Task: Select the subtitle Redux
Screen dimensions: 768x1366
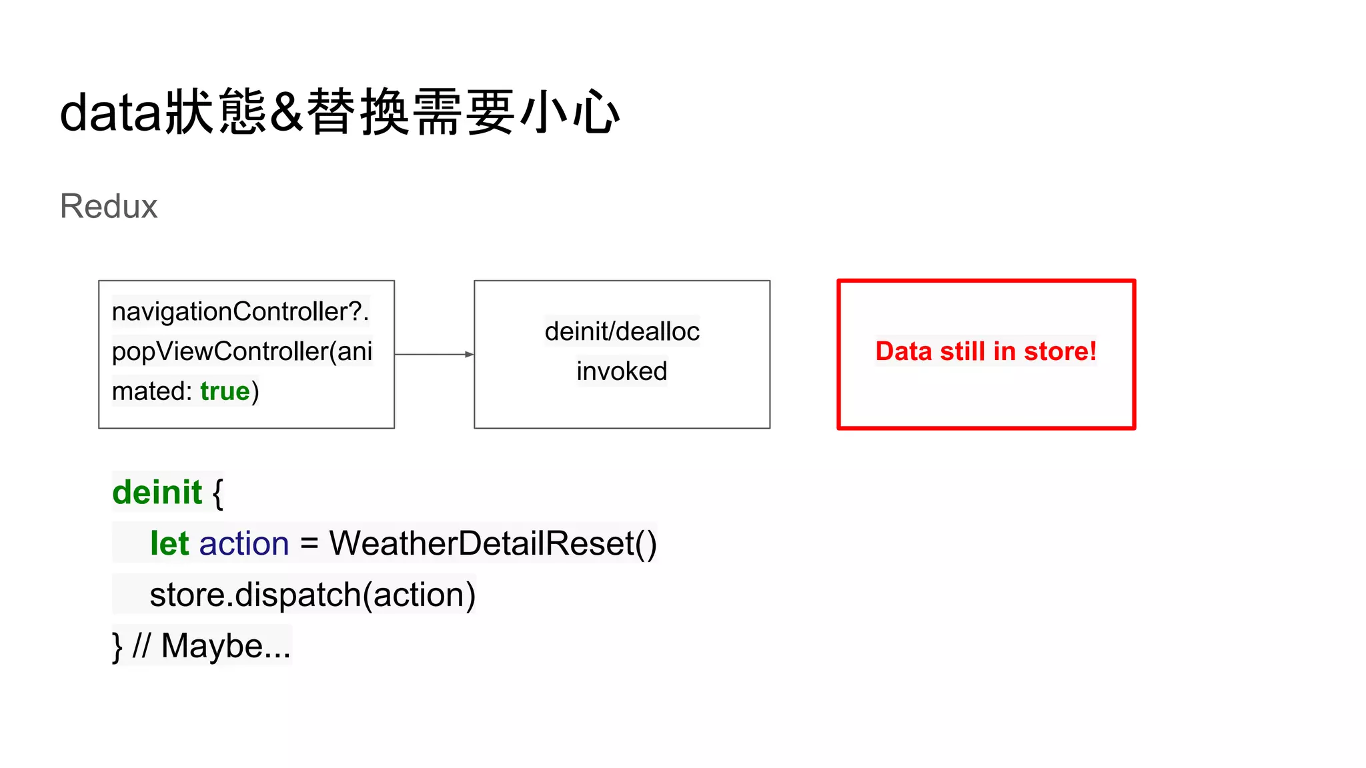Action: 109,206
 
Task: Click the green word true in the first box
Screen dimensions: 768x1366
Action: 225,391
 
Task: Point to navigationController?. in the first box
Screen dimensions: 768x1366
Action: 240,311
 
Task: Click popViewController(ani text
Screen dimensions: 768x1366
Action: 241,351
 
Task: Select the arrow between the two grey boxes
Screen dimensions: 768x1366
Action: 434,355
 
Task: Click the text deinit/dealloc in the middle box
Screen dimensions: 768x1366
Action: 622,331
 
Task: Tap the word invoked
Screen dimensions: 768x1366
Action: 622,371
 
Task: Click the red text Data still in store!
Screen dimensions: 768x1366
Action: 986,351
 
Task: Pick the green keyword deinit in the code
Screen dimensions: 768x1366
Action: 157,493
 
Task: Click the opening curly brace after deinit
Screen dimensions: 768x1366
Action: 217,493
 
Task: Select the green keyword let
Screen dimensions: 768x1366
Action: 169,543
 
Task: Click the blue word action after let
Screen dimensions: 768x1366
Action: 244,543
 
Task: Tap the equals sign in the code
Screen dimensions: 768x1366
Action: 309,543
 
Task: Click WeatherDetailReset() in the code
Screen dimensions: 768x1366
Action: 493,543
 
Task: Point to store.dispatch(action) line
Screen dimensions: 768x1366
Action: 312,595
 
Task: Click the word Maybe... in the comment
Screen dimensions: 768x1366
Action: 225,646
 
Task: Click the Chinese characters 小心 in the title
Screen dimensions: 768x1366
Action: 570,112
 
